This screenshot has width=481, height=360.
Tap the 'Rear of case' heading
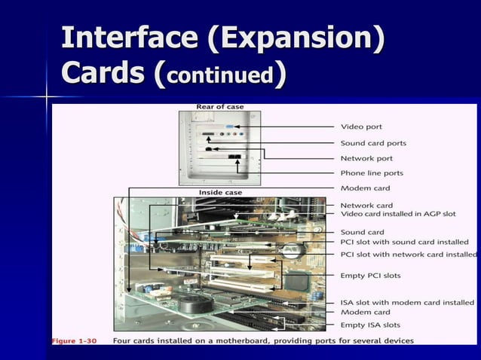219,107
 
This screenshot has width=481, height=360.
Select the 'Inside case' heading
220,192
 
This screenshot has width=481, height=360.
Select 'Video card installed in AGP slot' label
398,214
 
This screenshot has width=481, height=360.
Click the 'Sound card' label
363,232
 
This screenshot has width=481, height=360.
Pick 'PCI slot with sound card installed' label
404,242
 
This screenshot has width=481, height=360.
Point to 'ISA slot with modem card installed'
407,302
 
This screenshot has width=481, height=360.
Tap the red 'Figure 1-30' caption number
74,341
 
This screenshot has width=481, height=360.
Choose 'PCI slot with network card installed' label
408,255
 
